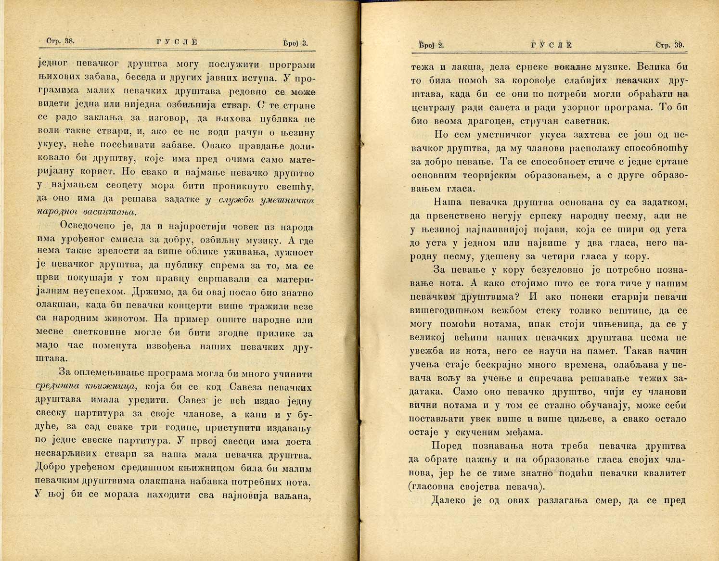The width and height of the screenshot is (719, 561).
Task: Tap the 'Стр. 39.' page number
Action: click(x=670, y=45)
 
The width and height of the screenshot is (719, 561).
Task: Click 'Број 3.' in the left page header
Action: click(x=295, y=43)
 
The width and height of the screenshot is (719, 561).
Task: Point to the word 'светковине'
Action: click(x=100, y=332)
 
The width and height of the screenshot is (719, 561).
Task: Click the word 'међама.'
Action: click(x=523, y=432)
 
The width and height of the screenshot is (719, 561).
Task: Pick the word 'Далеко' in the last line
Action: click(x=448, y=500)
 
